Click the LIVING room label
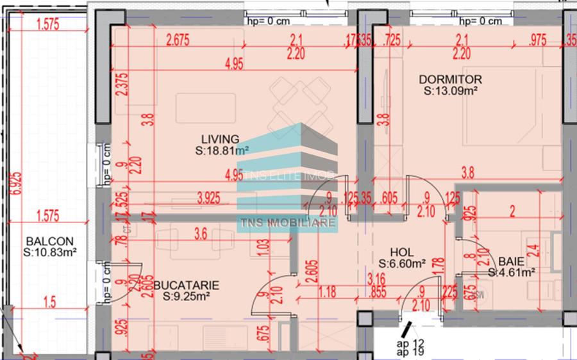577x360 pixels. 220,138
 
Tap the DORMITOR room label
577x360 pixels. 450,79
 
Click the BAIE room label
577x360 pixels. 512,261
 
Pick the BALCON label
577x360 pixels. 48,241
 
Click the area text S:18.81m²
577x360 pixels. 222,151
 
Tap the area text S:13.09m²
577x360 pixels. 450,91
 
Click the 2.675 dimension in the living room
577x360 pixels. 179,41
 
